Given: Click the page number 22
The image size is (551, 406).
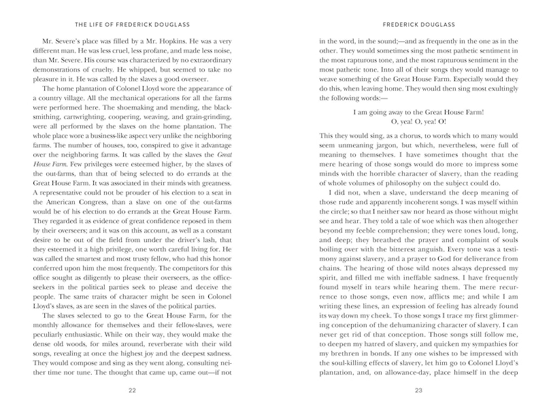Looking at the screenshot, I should point(141,390).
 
